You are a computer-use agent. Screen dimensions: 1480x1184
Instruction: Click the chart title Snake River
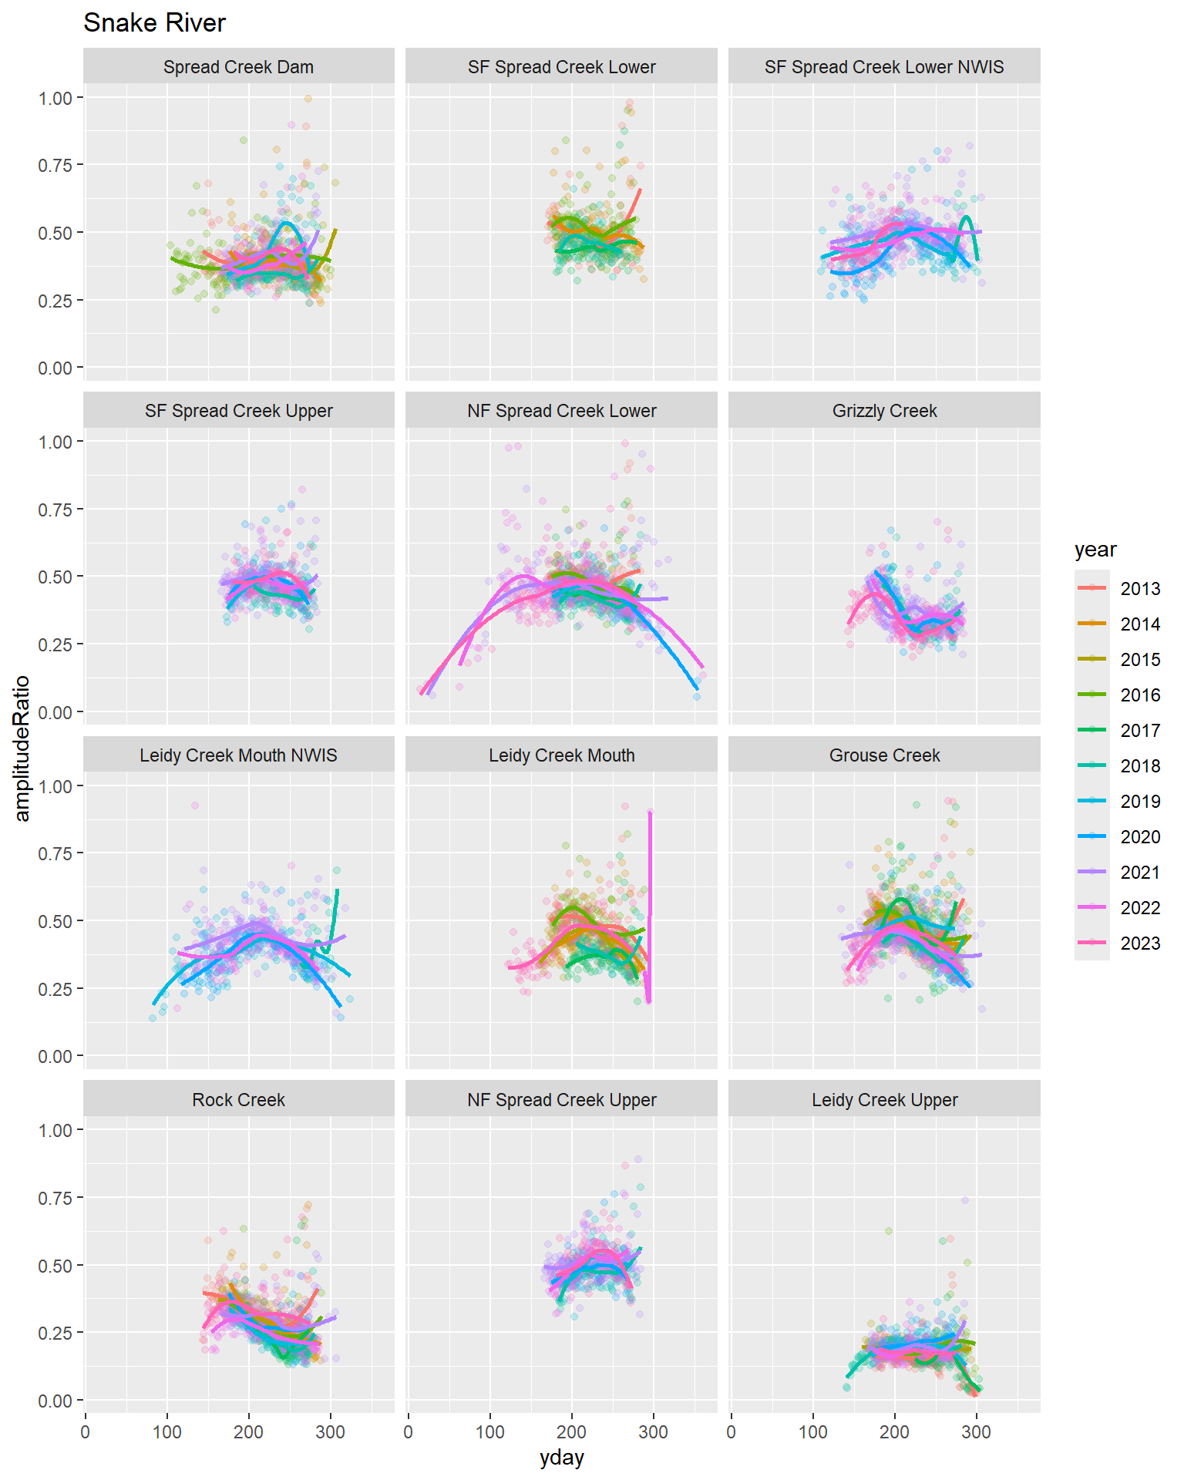pos(154,23)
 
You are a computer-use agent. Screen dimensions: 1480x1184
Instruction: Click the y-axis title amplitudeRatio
pos(22,748)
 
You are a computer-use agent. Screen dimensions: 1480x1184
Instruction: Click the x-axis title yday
pos(561,1458)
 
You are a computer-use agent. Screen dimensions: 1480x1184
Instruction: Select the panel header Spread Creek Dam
pos(238,67)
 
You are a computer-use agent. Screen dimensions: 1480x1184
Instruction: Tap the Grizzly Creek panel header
pos(884,411)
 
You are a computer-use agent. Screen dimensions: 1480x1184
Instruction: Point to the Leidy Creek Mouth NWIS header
pos(238,755)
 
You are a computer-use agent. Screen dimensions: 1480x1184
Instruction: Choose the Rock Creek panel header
pos(238,1100)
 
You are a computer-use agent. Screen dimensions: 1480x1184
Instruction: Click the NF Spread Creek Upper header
pos(561,1100)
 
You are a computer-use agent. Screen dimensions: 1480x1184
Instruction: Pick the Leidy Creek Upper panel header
pos(884,1100)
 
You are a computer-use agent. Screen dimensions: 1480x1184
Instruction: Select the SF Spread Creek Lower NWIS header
pos(884,67)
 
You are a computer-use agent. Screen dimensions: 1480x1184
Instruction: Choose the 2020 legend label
pos(1140,837)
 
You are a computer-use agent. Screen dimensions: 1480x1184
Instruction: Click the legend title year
pos(1095,550)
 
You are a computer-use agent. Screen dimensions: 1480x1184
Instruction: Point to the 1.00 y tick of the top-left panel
pos(55,98)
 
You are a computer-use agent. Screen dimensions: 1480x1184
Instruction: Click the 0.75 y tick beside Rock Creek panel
pos(55,1198)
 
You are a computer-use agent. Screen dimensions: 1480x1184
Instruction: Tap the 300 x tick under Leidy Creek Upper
pos(976,1432)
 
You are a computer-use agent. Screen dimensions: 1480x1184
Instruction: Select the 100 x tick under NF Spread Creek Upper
pos(489,1432)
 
